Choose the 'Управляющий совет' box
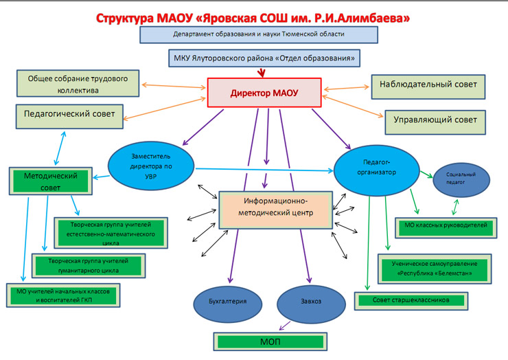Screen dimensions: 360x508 (x=435, y=121)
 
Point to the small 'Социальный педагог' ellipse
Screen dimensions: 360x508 (x=461, y=180)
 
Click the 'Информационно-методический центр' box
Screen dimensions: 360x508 (x=275, y=207)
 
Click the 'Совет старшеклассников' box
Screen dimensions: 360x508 (x=411, y=300)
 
